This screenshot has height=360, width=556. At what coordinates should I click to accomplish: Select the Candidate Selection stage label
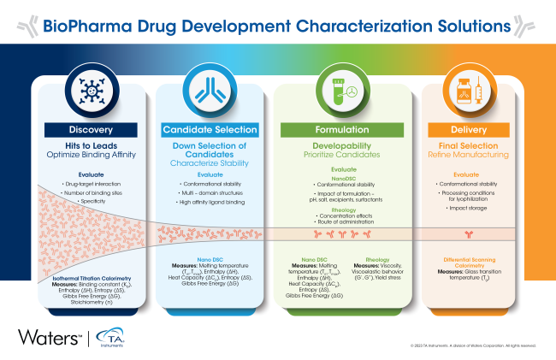210,130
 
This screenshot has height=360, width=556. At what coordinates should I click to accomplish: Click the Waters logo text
44,334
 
